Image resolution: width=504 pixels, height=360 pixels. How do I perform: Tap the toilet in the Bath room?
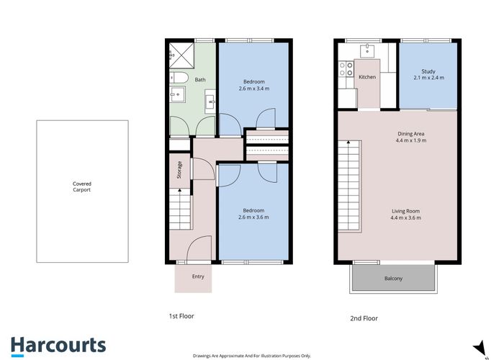tap(179, 78)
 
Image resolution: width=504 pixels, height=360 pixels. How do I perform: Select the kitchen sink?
tap(367, 50)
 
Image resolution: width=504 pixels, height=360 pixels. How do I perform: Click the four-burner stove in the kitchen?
tap(345, 69)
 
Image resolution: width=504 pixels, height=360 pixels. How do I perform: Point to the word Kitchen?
tap(367, 77)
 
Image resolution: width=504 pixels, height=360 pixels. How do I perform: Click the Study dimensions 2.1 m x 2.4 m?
tap(428, 78)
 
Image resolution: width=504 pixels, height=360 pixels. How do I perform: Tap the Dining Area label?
tap(410, 134)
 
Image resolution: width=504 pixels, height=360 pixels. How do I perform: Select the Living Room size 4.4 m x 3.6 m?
tap(405, 217)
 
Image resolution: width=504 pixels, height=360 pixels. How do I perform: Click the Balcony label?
tap(393, 277)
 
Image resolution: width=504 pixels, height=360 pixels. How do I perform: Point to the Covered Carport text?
tap(81, 187)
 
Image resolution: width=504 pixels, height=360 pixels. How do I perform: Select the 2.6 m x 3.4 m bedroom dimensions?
tap(255, 89)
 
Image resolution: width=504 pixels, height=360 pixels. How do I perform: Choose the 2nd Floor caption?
tap(363, 318)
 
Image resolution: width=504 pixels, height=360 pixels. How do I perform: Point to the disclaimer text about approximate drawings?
tap(252, 355)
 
